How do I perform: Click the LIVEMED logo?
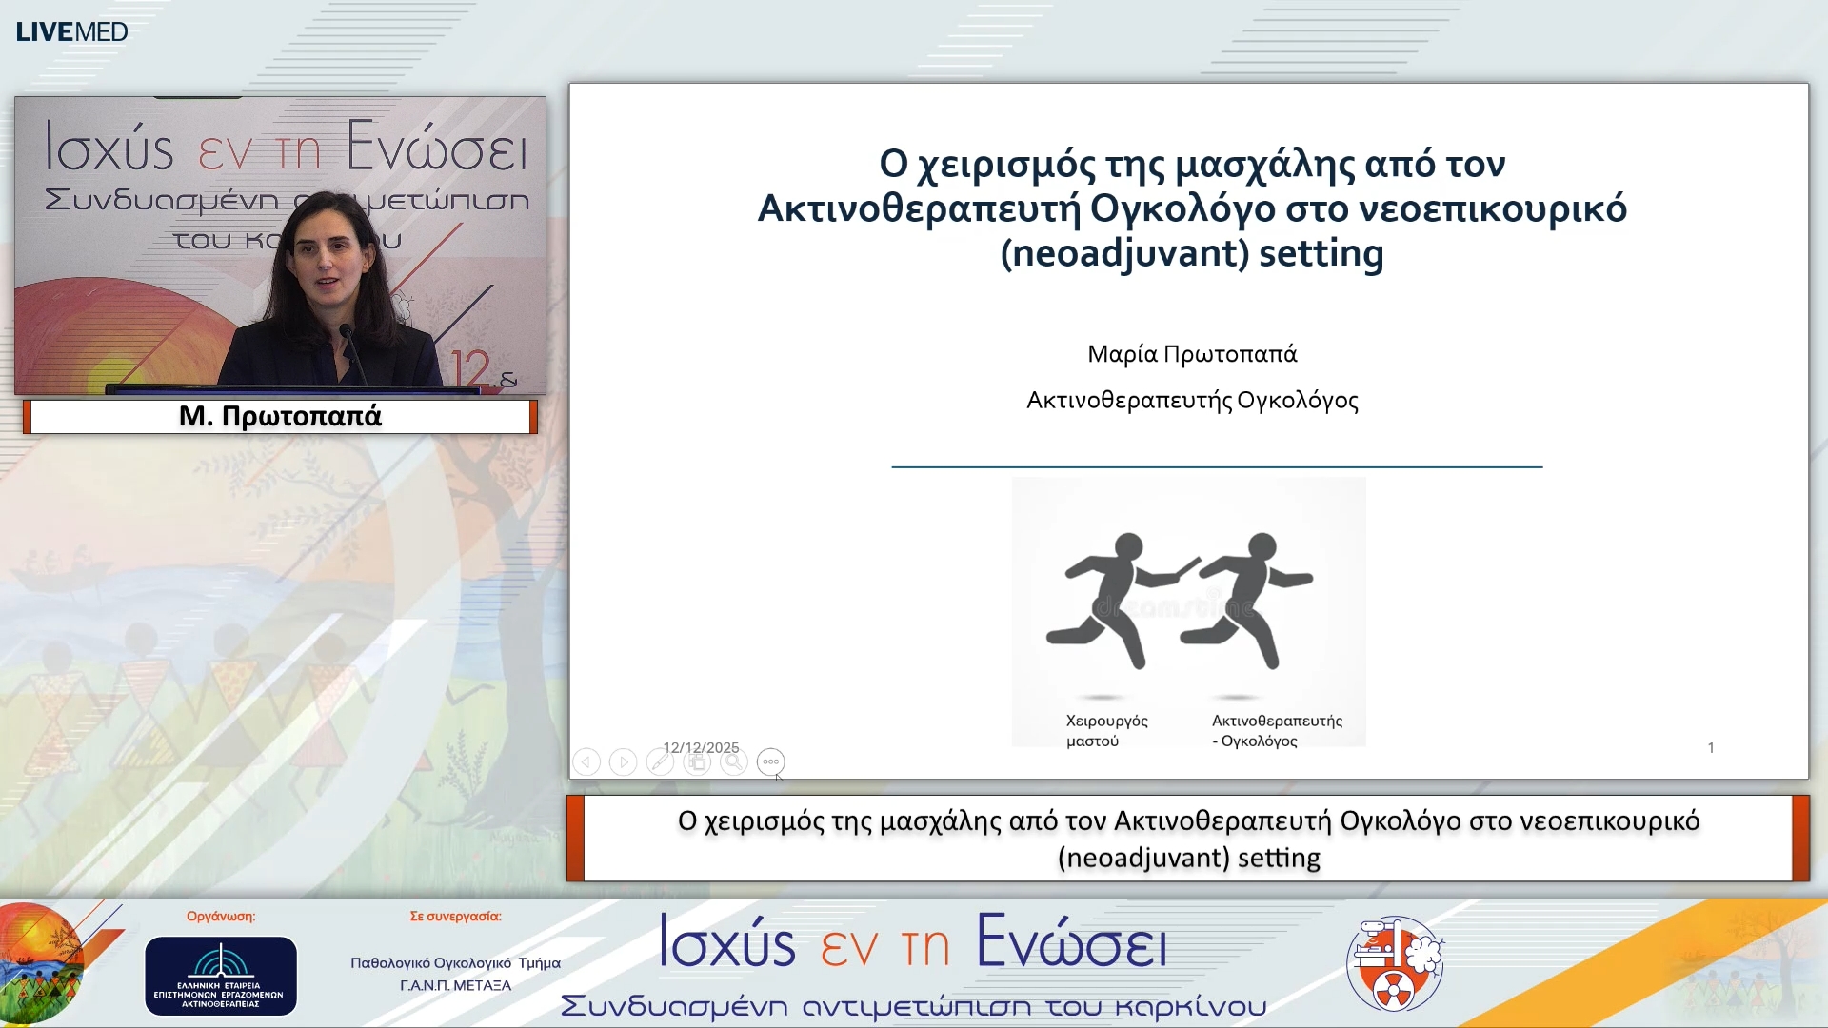[71, 31]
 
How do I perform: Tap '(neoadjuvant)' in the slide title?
[1124, 253]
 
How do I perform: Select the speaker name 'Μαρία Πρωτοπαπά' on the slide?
[1192, 354]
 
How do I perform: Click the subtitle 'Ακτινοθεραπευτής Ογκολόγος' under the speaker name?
[1192, 400]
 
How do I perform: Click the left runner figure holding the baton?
[1114, 600]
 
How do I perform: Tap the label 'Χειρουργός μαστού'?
[1105, 731]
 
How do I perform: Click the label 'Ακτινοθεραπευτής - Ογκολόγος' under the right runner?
[1276, 731]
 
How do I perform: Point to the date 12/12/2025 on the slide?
[701, 747]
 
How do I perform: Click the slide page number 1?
[1711, 748]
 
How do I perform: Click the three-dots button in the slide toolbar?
[770, 761]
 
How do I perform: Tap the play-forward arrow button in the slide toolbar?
[623, 762]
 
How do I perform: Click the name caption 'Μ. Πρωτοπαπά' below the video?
[280, 416]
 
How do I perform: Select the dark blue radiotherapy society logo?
[220, 976]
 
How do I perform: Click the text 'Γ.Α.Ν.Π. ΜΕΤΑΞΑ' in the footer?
[455, 985]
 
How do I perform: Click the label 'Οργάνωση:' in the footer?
[221, 916]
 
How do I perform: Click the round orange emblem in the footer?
[1395, 963]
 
